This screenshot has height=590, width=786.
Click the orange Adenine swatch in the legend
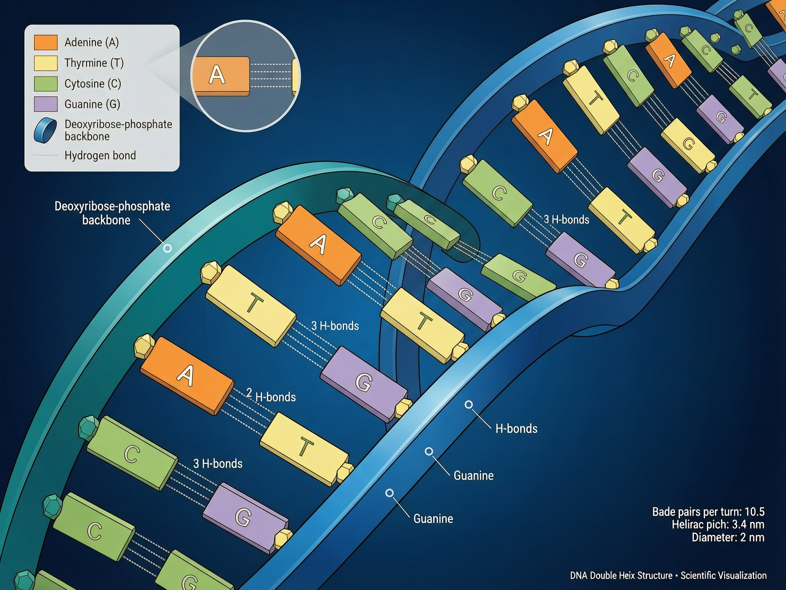click(x=45, y=42)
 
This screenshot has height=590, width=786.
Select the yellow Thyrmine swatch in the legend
click(x=45, y=63)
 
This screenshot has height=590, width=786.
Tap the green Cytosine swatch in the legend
click(x=45, y=83)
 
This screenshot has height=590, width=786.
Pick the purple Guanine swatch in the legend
click(x=45, y=104)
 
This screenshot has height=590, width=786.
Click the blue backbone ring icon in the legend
click(x=45, y=130)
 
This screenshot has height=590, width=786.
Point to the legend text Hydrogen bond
click(x=100, y=156)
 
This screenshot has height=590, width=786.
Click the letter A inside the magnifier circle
click(x=217, y=75)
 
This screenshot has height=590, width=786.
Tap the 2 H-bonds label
click(x=271, y=396)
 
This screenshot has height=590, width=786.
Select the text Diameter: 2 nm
click(x=728, y=538)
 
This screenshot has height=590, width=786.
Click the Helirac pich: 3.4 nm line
click(x=718, y=524)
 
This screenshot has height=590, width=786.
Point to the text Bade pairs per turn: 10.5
click(x=708, y=511)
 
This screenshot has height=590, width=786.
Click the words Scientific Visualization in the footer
click(x=724, y=576)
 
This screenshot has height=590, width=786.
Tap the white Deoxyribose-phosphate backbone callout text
click(x=112, y=213)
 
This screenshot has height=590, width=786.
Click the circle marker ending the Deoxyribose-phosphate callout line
click(x=168, y=249)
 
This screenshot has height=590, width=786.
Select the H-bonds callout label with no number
click(x=516, y=429)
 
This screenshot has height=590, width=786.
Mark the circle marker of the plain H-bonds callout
click(x=469, y=405)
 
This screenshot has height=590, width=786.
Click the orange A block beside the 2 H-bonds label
click(x=187, y=375)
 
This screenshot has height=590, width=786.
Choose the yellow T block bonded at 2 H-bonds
click(x=304, y=448)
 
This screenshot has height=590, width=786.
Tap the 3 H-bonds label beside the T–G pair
click(x=335, y=326)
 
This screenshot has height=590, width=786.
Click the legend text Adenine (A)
click(x=91, y=42)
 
